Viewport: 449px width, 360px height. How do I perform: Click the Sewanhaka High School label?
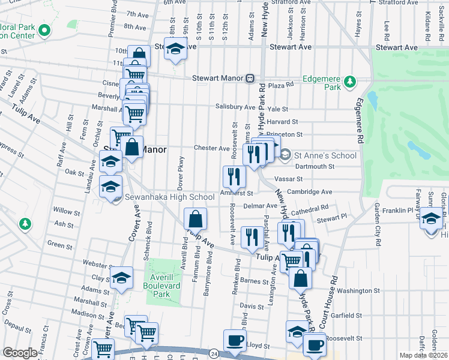point(169,197)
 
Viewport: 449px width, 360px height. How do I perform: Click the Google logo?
point(20,353)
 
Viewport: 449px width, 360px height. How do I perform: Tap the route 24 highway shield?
point(214,354)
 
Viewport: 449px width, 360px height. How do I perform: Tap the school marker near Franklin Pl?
point(430,218)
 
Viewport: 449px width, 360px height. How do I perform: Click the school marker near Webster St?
point(121,278)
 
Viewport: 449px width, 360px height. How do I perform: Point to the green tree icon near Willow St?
point(25,224)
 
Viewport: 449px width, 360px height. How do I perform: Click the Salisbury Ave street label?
point(235,107)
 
